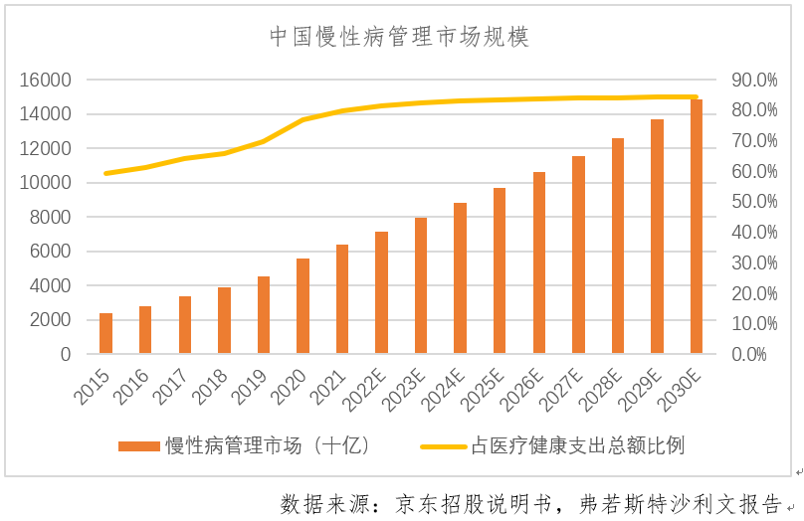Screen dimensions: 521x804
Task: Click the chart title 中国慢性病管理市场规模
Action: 401,38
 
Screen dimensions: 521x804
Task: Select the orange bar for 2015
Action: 105,333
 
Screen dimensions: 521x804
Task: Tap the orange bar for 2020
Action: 303,306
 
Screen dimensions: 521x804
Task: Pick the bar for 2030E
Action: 697,227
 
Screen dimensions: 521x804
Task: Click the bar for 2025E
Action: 500,270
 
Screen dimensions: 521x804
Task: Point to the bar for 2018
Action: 224,320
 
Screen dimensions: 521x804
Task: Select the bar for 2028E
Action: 618,246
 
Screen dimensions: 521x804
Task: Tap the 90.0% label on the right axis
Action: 753,80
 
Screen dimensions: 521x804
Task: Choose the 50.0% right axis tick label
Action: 753,202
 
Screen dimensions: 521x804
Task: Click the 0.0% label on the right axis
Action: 757,354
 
